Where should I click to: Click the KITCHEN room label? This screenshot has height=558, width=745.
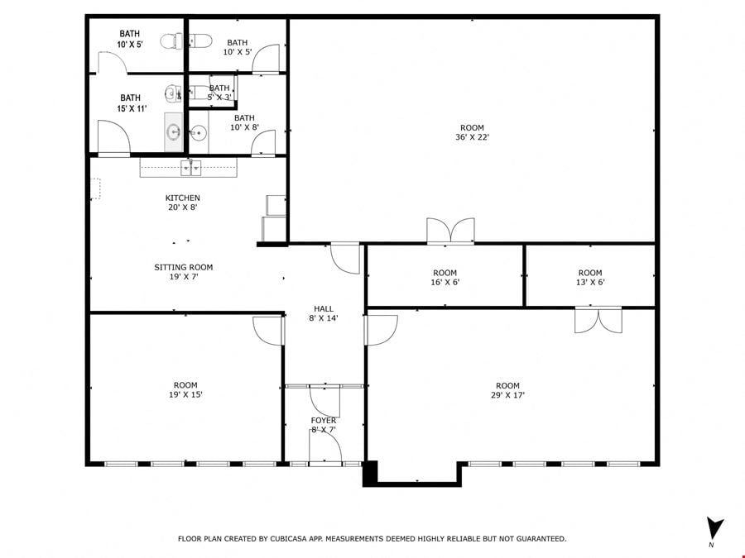[182, 198]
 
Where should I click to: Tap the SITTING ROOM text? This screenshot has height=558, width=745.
[184, 267]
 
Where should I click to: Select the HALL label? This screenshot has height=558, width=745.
[324, 309]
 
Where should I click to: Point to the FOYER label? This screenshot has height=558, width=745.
[324, 421]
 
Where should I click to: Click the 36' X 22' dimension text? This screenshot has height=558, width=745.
[472, 137]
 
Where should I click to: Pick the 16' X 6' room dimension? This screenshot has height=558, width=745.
[445, 283]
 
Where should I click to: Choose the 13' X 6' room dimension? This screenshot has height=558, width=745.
[590, 283]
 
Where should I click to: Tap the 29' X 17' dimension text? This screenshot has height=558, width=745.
[507, 395]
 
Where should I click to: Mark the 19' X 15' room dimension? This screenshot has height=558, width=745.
[185, 394]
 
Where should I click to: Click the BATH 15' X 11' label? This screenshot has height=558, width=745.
[131, 103]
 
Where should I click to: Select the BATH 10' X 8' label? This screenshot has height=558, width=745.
[244, 122]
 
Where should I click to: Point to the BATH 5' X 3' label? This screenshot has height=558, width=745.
[219, 93]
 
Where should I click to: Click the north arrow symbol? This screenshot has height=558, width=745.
[714, 527]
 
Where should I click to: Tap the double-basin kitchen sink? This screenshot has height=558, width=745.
[190, 168]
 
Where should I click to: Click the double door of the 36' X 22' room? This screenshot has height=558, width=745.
[450, 231]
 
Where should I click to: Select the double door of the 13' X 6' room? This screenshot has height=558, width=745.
[598, 320]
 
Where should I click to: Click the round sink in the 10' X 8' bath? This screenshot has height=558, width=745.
[198, 133]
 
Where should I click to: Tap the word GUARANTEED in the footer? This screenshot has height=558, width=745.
[541, 538]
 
